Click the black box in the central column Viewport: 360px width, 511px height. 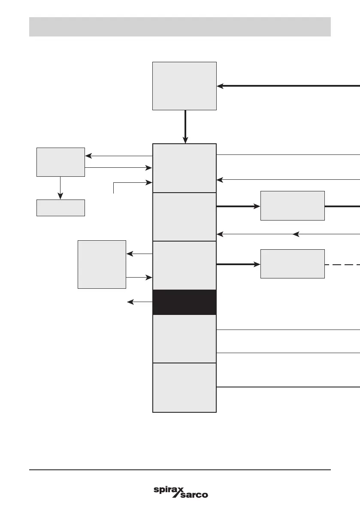(185, 302)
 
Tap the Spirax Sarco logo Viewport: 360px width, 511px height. (181, 492)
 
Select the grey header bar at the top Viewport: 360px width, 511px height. (180, 27)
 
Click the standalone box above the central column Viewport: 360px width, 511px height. (185, 86)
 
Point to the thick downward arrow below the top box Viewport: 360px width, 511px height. (185, 127)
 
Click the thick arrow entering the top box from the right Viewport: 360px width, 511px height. (287, 86)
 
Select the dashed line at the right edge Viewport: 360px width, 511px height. (342, 265)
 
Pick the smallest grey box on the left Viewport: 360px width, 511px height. (61, 208)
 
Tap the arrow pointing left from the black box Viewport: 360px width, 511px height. (140, 302)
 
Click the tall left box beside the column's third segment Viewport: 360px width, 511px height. (102, 264)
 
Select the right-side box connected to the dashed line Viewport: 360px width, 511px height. (292, 263)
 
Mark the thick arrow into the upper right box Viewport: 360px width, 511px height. (238, 206)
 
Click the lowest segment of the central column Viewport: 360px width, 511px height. (185, 387)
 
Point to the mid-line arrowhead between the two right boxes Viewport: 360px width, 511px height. (296, 234)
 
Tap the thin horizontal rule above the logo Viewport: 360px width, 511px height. (180, 470)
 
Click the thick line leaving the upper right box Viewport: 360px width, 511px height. (342, 206)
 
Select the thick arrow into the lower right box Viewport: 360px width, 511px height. (238, 264)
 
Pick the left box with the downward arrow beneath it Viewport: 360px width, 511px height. (61, 162)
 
